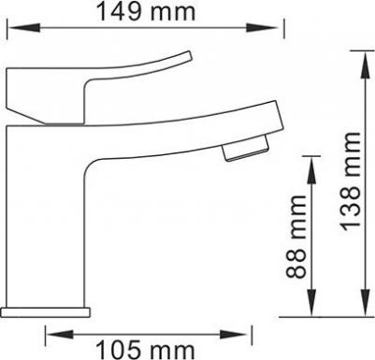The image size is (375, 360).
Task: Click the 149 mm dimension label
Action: coord(146,12)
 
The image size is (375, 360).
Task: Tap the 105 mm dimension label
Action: coord(145,351)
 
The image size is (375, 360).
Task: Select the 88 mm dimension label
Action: coord(296,237)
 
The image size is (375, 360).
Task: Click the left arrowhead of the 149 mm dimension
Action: coord(23,28)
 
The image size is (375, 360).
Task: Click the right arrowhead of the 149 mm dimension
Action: coord(262,28)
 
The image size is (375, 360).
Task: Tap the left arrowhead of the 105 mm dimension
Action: coord(60,335)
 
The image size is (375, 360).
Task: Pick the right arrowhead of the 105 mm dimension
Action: coord(235,335)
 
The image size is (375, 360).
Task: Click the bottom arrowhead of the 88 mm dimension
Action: coord(311,302)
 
